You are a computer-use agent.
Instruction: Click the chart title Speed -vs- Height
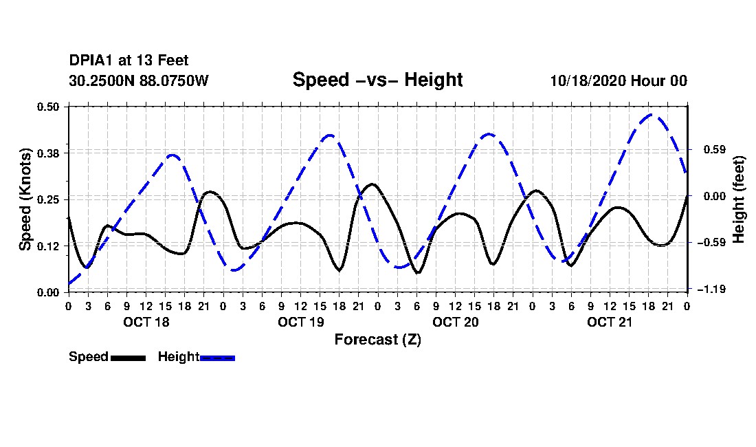[377, 80]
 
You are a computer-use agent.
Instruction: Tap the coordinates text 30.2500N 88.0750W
[139, 80]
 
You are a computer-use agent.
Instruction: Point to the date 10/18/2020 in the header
[588, 80]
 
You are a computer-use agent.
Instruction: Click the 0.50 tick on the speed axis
[48, 107]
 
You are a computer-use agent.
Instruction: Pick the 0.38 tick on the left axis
[48, 153]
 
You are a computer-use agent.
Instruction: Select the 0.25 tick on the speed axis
[48, 199]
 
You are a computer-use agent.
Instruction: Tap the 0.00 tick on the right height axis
[715, 196]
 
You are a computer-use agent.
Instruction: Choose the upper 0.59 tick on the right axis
[715, 149]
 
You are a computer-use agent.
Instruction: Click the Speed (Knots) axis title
[25, 199]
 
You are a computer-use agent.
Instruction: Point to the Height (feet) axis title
[739, 199]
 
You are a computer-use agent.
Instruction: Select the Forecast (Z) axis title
[377, 340]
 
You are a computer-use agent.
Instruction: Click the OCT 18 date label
[146, 322]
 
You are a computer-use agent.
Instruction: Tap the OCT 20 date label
[455, 322]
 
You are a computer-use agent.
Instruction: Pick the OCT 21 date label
[610, 322]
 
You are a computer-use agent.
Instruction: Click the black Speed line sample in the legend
[128, 358]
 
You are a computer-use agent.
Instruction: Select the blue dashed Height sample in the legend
[217, 358]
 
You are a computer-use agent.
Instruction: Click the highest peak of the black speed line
[372, 184]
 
